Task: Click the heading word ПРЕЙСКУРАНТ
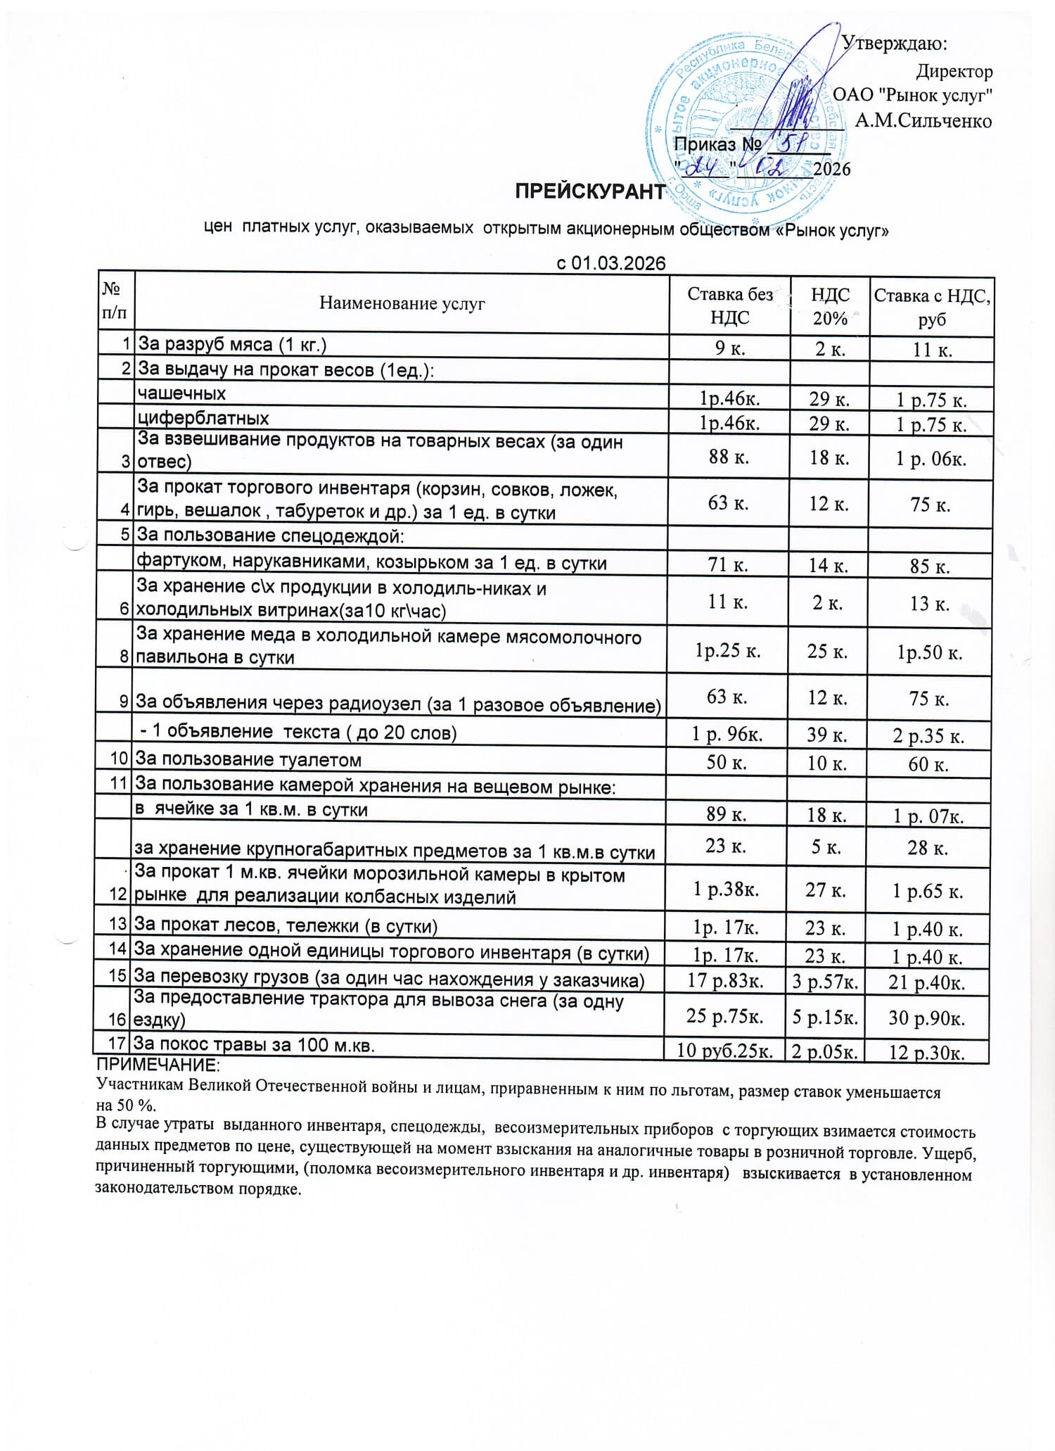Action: (589, 191)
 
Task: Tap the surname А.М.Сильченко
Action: (923, 121)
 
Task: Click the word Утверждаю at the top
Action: (894, 44)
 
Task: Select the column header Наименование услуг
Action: (402, 304)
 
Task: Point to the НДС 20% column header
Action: (830, 306)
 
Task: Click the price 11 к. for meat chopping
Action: (932, 350)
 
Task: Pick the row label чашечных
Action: (182, 393)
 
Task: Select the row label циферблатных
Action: (203, 419)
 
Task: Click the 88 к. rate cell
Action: (729, 457)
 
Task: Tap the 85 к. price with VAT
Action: (930, 566)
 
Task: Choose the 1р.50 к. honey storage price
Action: (929, 652)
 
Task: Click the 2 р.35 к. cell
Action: (928, 736)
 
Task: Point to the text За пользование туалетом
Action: (248, 760)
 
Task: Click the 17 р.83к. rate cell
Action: (725, 981)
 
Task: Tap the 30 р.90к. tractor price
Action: (926, 1018)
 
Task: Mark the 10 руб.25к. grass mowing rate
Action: (725, 1051)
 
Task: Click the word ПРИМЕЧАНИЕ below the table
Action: (158, 1063)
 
